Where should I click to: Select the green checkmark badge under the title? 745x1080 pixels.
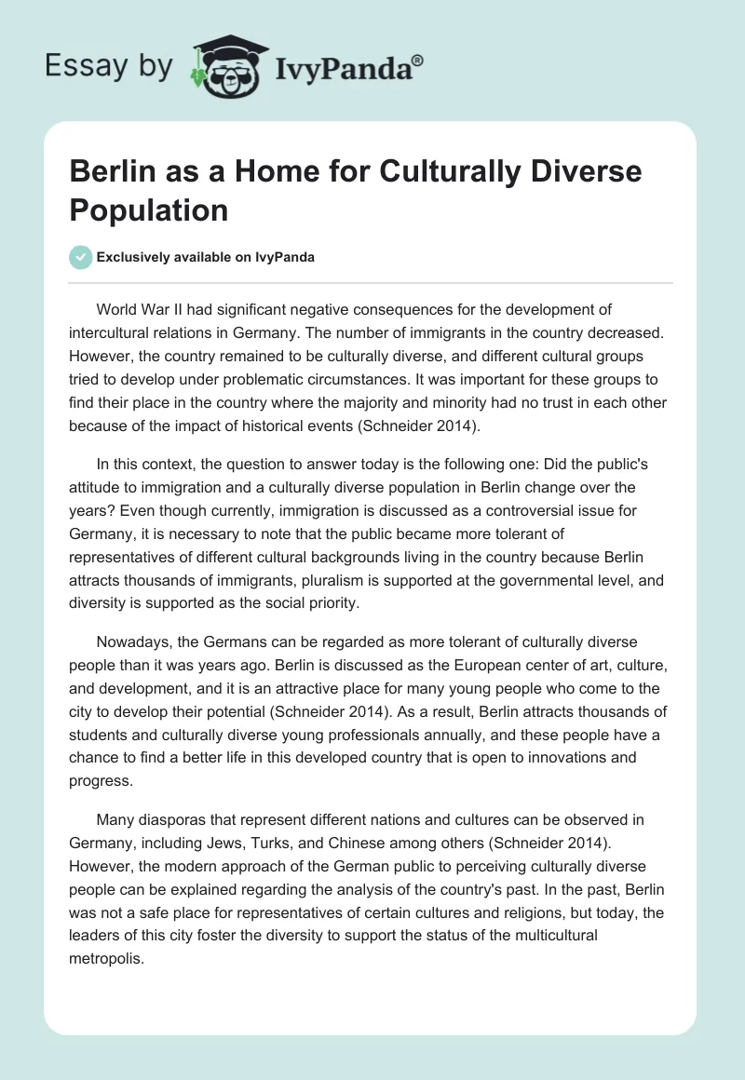[81, 257]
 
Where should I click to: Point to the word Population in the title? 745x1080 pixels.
[149, 209]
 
